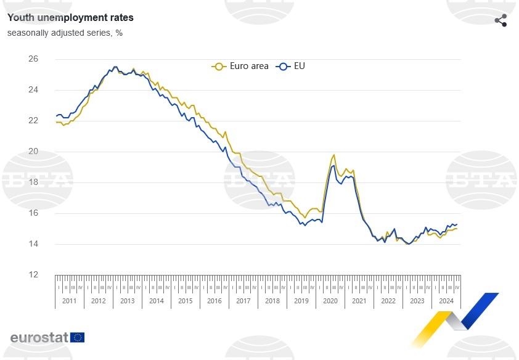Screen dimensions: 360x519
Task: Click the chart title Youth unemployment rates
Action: point(70,18)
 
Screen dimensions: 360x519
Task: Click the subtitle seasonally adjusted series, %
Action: point(65,33)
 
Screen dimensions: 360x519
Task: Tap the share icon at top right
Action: point(501,20)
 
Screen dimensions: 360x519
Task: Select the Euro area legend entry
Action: point(241,66)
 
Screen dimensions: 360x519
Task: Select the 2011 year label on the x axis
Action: point(69,301)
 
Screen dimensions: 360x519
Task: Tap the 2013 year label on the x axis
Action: point(127,301)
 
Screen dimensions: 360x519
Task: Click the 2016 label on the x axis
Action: point(214,301)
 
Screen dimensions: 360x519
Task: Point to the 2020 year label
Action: point(330,301)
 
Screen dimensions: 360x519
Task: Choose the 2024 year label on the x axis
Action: point(446,301)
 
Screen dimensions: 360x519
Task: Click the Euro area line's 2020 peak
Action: point(333,155)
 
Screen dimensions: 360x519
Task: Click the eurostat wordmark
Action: point(39,337)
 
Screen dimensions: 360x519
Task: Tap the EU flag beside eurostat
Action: point(78,337)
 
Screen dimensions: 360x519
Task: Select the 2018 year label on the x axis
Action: point(272,301)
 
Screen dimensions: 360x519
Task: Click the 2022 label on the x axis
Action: point(388,301)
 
